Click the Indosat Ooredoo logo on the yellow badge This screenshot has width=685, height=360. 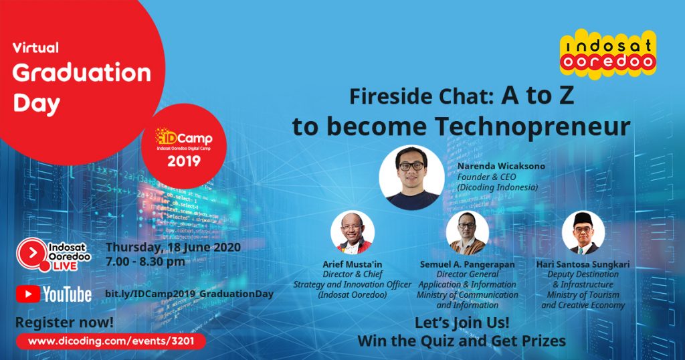point(607,54)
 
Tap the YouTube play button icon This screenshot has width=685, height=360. point(28,294)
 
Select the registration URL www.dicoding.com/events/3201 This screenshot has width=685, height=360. point(111,341)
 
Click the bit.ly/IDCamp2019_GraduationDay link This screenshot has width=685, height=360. point(189,294)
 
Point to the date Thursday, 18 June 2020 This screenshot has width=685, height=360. point(173,248)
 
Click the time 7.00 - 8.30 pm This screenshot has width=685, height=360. point(145,262)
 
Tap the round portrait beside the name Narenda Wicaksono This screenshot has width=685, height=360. point(411,177)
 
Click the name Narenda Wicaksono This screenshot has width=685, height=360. point(501,166)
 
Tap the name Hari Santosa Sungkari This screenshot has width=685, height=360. point(583,264)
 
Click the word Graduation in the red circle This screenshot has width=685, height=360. point(82,72)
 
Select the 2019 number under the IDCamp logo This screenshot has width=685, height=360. point(184,161)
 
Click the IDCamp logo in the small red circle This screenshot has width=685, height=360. point(184,139)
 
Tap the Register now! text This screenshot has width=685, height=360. point(64,323)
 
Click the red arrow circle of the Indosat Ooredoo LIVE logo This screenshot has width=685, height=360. point(32,252)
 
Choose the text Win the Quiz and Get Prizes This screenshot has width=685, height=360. point(462,341)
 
